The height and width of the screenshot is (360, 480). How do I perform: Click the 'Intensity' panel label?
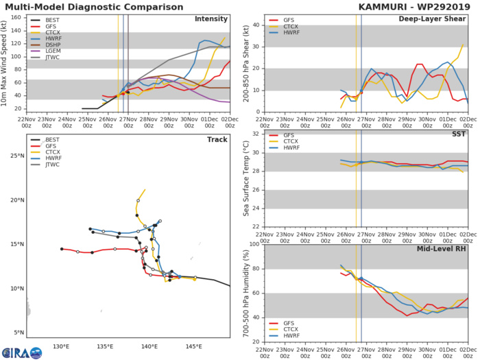pos(212,19)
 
